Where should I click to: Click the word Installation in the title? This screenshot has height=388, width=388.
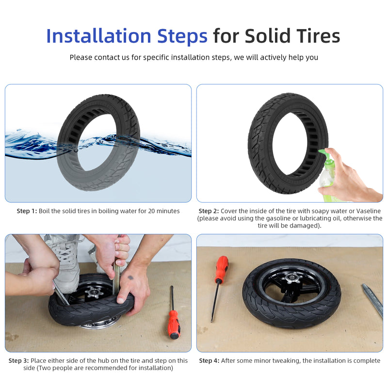pos(98,36)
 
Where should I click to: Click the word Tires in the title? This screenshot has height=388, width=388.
pos(319,36)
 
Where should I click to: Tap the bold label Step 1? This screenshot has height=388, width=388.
pos(27,211)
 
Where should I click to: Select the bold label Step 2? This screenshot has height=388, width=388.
pos(209,211)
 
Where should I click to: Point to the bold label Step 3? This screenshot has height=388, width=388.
pos(18,360)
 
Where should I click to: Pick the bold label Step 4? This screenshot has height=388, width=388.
pos(209,360)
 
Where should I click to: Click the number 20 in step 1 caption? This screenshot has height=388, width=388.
pos(151,211)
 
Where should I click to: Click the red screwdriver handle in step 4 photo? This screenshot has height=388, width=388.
pos(222,269)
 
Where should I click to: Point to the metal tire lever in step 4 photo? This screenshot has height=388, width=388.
pos(372,300)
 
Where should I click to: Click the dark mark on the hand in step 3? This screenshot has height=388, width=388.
pos(130,277)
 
